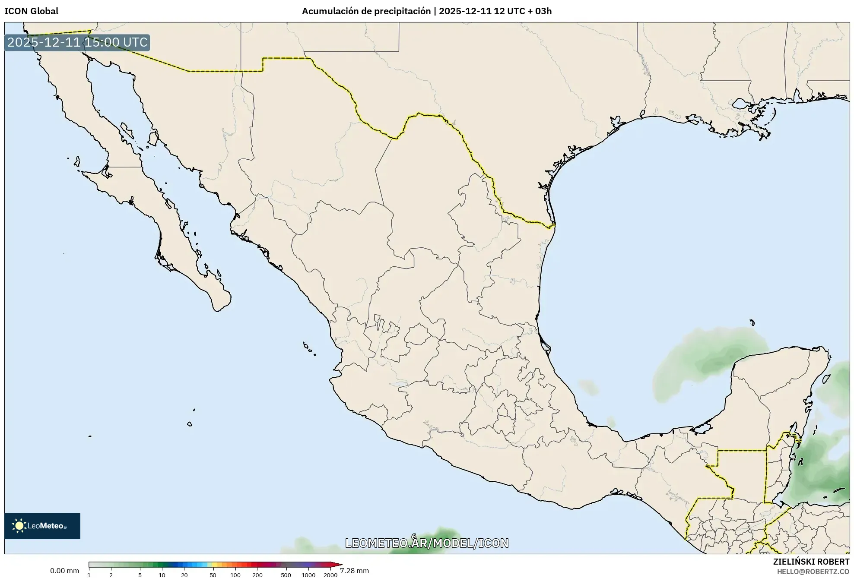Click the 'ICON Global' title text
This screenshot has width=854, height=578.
point(31,11)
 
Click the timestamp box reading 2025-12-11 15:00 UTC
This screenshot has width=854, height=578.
point(77,42)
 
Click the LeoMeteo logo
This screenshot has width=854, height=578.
point(42,526)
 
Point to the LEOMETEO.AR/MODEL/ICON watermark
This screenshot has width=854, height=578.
point(427,543)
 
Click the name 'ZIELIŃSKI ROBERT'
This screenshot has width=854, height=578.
point(811,562)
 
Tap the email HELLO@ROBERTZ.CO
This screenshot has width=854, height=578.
point(813,572)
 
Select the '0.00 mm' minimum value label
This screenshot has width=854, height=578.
point(64,571)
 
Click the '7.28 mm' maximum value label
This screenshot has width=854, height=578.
point(354,571)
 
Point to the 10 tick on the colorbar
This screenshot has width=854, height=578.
point(162,575)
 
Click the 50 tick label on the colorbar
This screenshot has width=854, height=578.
point(213,575)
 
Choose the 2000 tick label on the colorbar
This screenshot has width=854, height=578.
point(330,575)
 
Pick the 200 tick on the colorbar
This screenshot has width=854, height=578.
point(257,575)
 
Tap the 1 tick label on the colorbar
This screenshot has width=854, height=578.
point(89,575)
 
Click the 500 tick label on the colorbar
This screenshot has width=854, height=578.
point(286,575)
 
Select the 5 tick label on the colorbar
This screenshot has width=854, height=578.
point(140,575)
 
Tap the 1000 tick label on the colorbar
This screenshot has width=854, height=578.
point(308,575)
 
